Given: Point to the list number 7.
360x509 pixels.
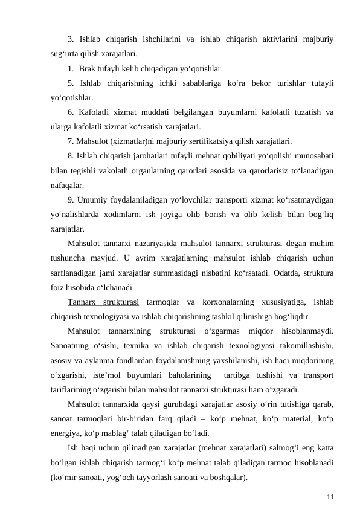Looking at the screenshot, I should tap(71, 142).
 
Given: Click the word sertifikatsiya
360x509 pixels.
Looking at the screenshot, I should tap(196, 142).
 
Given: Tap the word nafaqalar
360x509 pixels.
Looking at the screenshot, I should tap(68, 186).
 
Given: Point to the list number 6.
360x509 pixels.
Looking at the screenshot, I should tap(71, 112).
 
